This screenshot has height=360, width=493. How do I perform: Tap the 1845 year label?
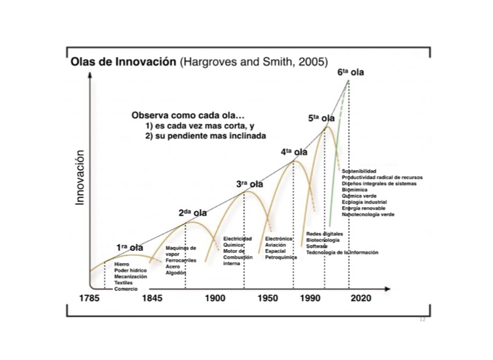[153, 298]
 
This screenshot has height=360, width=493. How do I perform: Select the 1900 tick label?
[216, 298]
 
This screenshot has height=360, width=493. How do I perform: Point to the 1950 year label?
[268, 298]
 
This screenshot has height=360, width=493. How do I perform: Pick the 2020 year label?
[361, 298]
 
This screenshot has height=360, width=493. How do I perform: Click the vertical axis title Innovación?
[80, 178]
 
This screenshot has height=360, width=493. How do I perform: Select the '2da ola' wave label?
[193, 212]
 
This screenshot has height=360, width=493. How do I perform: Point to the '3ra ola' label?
[250, 184]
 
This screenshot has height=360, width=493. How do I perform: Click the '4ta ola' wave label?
[294, 152]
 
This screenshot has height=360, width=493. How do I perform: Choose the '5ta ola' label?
[321, 118]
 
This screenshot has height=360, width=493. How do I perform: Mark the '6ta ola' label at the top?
[351, 73]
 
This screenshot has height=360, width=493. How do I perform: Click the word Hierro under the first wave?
[122, 264]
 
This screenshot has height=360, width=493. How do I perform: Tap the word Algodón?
[175, 273]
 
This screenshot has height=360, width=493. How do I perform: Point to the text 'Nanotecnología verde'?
[368, 214]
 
